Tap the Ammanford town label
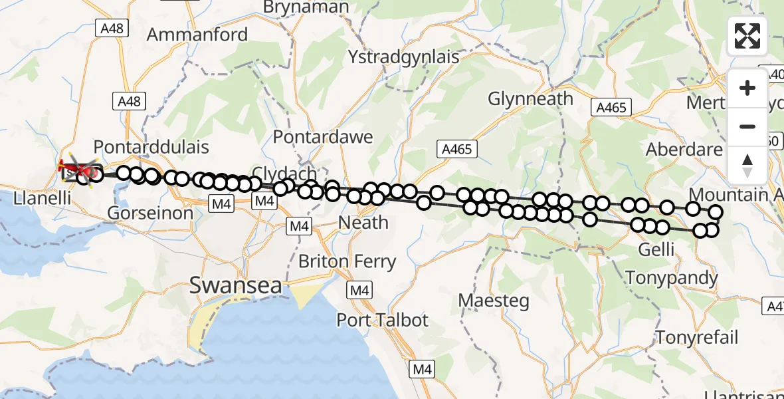pos(197,35)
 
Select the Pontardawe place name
pos(323,138)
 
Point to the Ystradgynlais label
pos(403,57)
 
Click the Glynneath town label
pos(530,99)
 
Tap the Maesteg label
pos(494,301)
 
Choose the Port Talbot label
pos(383,320)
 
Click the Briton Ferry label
pos(347,261)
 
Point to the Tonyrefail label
pos(697,337)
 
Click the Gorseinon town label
pos(150,213)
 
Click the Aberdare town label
pos(684,150)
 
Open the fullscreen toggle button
pos(747,36)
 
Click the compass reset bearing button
pos(747,165)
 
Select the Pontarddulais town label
pos(151,147)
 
